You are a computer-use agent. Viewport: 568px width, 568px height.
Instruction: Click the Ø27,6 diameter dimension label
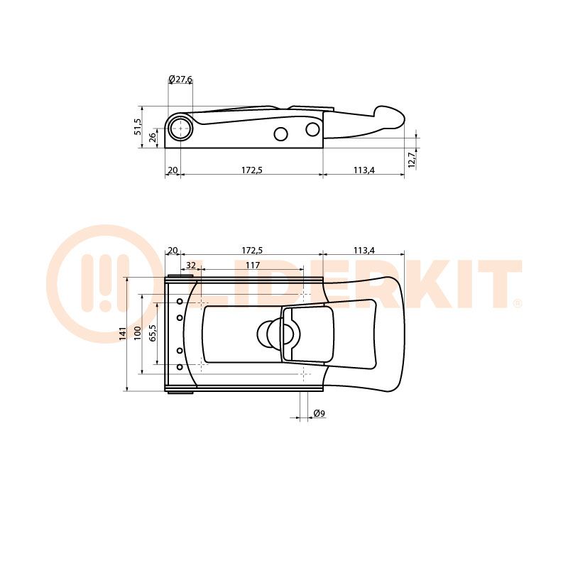(x=180, y=79)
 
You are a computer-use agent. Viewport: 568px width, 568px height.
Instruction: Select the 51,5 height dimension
(x=138, y=126)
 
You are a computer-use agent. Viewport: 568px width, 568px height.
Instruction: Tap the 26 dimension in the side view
(x=153, y=136)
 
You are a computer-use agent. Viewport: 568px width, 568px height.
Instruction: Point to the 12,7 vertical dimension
(x=412, y=159)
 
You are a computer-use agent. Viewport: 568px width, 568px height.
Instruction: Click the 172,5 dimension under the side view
(x=252, y=170)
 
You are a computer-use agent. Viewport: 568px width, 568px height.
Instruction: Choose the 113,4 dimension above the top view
(x=364, y=251)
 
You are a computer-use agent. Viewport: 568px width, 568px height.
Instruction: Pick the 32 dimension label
(x=190, y=265)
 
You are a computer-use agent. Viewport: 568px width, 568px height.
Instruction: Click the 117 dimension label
(x=253, y=265)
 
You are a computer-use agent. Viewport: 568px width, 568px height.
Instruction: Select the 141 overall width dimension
(x=122, y=333)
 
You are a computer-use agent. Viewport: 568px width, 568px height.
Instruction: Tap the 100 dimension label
(x=137, y=333)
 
